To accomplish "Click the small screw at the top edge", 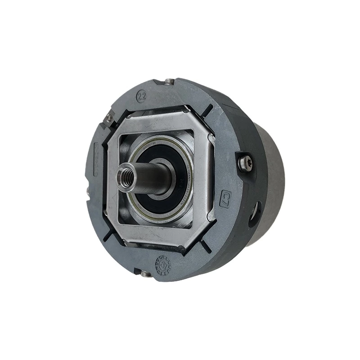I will click(169, 81).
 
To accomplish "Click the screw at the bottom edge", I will click(145, 273).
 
